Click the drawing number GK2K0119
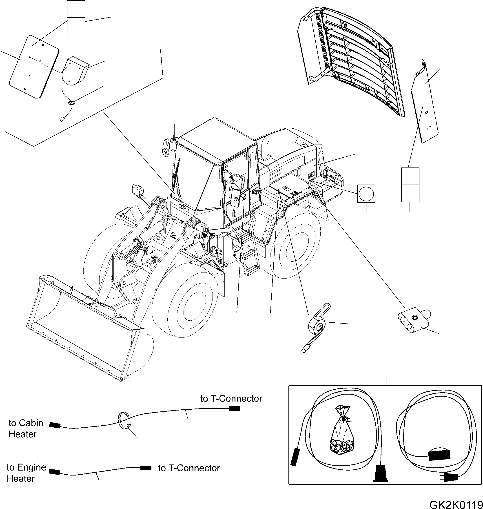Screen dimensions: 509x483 [x=456, y=504]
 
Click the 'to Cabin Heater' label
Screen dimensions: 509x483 [x=25, y=428]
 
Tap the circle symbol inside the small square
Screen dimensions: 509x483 [x=366, y=194]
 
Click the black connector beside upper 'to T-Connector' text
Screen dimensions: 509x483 [x=234, y=409]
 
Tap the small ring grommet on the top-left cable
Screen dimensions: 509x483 [x=71, y=103]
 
